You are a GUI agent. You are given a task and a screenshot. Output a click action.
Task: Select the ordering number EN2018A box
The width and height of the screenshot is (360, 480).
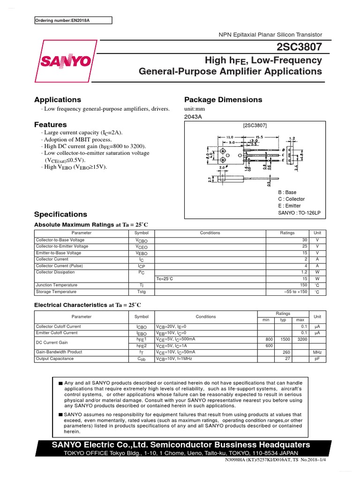point(74,20)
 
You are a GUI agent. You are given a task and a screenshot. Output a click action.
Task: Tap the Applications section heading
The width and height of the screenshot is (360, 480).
point(58,100)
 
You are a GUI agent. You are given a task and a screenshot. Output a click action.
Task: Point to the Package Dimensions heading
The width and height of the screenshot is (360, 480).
point(223,100)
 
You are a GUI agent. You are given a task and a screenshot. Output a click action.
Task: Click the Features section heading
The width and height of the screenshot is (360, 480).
point(51,125)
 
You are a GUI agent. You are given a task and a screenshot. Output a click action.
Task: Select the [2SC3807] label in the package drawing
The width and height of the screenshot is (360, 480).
point(255,126)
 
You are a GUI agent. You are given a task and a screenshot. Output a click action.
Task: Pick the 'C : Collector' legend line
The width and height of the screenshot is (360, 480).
point(291,199)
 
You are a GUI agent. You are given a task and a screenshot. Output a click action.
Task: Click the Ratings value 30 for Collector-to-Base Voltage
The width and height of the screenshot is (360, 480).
point(304,240)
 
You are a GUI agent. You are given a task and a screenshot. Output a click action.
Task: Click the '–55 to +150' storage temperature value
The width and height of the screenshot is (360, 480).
point(296,292)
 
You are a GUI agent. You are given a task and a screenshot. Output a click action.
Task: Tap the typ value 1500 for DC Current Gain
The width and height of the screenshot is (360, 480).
point(283,339)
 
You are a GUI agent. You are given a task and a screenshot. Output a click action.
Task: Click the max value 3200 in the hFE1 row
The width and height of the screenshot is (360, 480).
point(301,339)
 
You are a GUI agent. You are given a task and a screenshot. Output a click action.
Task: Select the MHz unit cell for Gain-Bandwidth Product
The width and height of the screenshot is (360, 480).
point(317,352)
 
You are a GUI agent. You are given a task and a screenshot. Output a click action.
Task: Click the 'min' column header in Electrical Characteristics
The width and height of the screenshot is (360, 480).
point(266,320)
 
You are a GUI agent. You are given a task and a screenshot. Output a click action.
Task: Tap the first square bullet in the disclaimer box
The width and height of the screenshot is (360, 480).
point(60,383)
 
